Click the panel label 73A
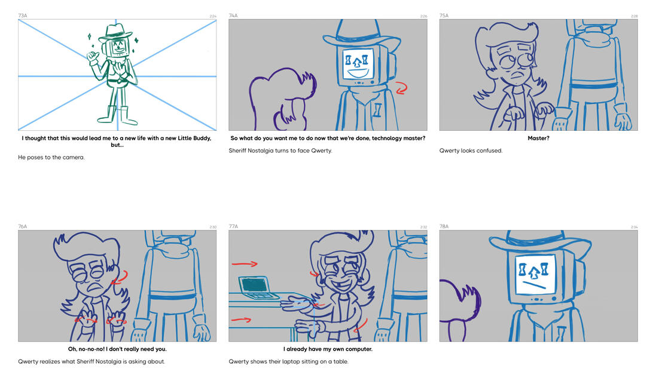23,16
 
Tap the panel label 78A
444,226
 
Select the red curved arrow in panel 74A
402,88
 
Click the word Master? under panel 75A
538,139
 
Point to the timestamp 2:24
213,16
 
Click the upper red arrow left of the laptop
245,264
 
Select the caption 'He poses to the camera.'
51,158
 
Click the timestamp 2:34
634,227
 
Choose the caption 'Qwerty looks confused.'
471,151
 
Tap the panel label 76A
23,226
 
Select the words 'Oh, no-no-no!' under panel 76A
86,349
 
